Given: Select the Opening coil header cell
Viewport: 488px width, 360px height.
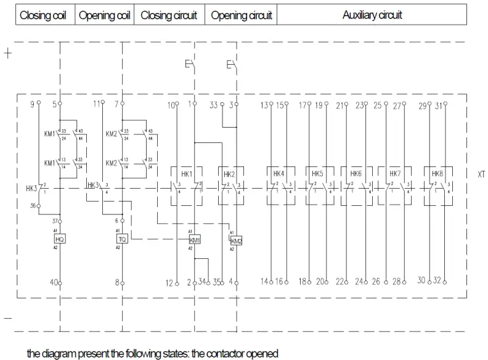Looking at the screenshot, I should pyautogui.click(x=105, y=15).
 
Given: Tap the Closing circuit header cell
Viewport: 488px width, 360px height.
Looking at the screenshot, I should pyautogui.click(x=169, y=15).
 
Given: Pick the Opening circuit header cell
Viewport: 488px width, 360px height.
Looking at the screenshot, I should pyautogui.click(x=241, y=15).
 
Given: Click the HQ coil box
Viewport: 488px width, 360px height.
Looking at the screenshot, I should pyautogui.click(x=60, y=239).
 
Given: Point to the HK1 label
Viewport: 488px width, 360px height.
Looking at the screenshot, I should pyautogui.click(x=187, y=174).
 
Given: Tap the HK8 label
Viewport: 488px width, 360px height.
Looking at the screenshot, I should pyautogui.click(x=437, y=174).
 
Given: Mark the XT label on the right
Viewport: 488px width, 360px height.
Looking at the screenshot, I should pyautogui.click(x=481, y=174).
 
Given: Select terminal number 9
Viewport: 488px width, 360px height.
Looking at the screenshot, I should pyautogui.click(x=32, y=104).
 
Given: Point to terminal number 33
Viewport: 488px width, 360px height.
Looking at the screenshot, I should pyautogui.click(x=214, y=105).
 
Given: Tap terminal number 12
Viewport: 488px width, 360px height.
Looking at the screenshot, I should pyautogui.click(x=169, y=283).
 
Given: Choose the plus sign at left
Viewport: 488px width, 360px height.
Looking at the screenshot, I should pyautogui.click(x=8, y=53).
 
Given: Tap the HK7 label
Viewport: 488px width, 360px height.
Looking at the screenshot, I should pyautogui.click(x=394, y=174).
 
